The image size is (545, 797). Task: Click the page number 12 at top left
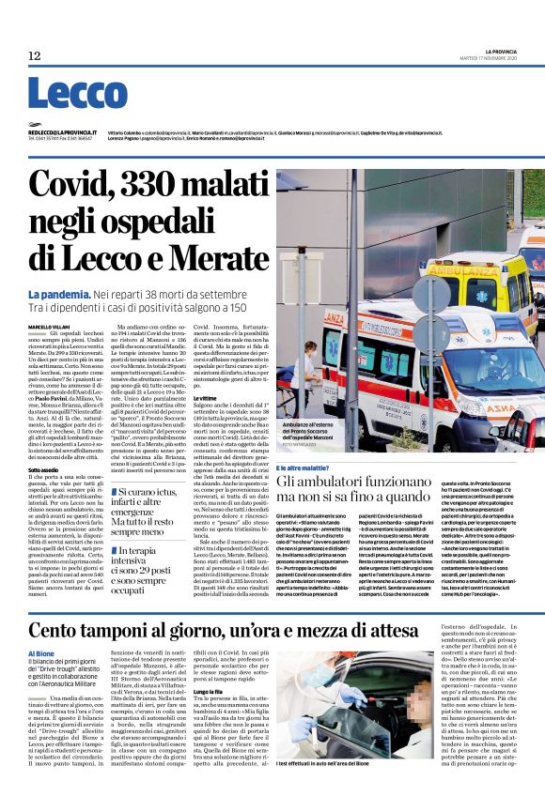(35, 56)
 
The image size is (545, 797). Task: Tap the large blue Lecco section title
(77, 94)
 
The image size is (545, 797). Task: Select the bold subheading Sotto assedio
(45, 469)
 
